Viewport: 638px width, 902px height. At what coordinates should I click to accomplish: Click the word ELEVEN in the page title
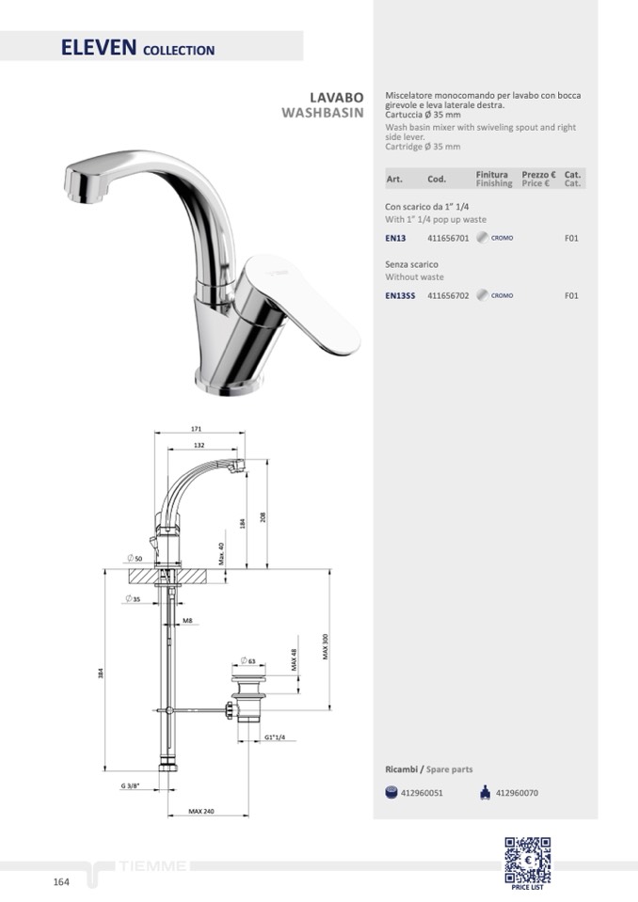coord(99,47)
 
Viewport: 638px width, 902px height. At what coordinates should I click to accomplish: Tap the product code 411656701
coord(448,238)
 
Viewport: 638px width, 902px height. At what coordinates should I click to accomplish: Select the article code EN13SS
coord(400,295)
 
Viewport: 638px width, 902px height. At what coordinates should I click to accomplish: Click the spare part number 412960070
coord(517,793)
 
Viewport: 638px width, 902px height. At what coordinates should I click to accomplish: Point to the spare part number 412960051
coord(422,793)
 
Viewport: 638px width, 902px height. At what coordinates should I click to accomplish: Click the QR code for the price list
coord(528,860)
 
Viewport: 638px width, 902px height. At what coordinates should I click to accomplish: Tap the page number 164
coord(61,882)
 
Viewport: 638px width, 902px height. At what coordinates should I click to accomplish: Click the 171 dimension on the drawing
coord(196,429)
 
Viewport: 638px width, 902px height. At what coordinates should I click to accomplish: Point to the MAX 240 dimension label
coord(201,811)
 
